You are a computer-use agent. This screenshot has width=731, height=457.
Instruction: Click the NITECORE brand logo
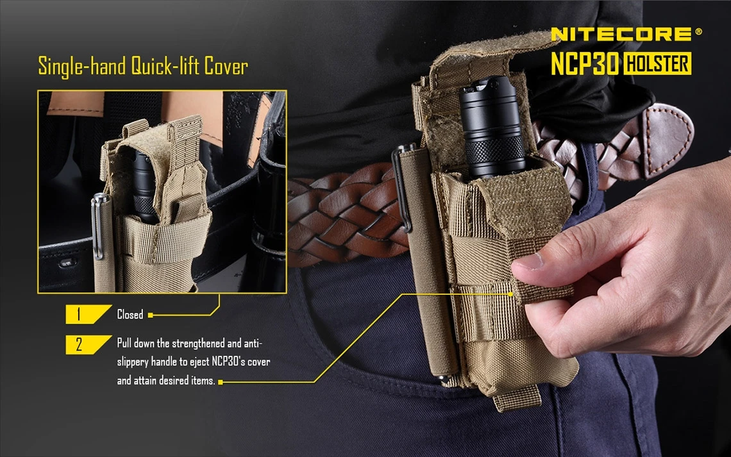(621, 34)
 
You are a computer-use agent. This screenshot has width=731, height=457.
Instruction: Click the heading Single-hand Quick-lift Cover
(142, 66)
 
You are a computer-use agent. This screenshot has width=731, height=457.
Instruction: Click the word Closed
(130, 315)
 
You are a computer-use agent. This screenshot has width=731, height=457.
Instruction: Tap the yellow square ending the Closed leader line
(150, 315)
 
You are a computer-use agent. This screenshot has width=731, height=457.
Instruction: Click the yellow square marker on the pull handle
(511, 294)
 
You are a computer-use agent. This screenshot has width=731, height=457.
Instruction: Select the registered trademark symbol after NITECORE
(698, 31)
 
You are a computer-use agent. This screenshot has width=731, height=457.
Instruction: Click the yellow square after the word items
(220, 382)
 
